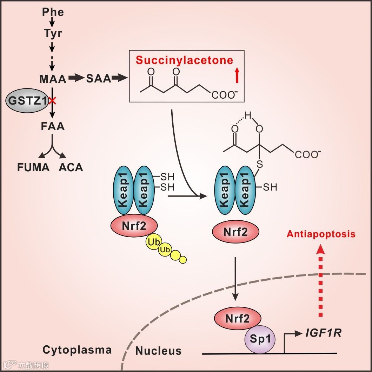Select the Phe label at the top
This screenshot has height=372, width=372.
coord(53,12)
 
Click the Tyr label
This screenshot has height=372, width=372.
coord(53,34)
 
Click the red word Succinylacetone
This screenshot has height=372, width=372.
coord(185,60)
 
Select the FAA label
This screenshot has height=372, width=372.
coord(53,126)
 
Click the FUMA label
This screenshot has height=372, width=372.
coord(34,167)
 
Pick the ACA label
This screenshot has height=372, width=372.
coord(71,167)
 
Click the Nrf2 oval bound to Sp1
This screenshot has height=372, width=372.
coord(238,319)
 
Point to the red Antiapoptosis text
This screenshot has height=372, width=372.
coord(321,234)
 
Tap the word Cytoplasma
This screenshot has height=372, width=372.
coord(77,350)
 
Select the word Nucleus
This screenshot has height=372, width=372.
coord(159,351)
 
